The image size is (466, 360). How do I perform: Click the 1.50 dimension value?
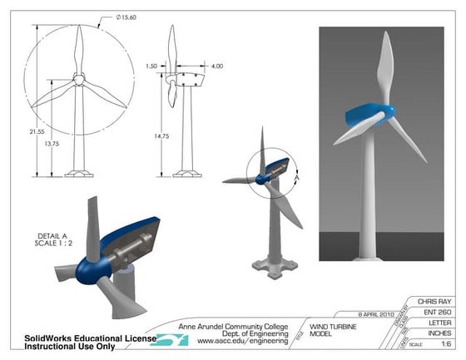(x=151, y=65)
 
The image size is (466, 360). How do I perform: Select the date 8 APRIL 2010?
(x=360, y=313)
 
